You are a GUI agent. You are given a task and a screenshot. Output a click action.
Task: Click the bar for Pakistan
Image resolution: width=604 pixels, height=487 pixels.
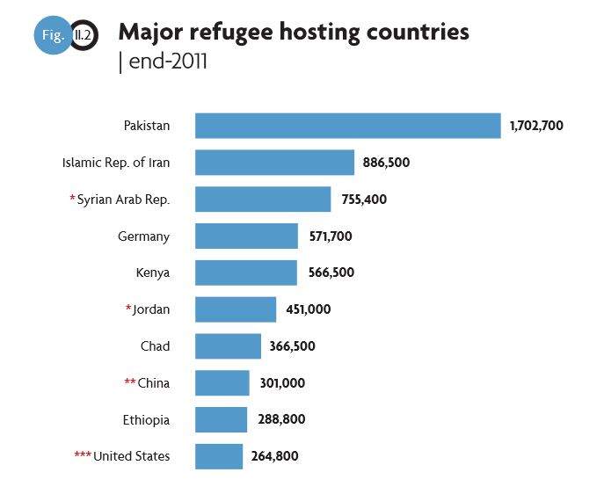pyautogui.click(x=347, y=126)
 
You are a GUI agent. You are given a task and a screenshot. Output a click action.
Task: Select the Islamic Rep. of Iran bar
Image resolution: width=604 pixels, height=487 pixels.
pyautogui.click(x=274, y=163)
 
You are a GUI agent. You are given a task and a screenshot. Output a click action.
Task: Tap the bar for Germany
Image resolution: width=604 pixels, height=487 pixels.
pyautogui.click(x=246, y=236)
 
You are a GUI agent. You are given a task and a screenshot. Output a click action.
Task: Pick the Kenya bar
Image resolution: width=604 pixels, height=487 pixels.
pyautogui.click(x=245, y=273)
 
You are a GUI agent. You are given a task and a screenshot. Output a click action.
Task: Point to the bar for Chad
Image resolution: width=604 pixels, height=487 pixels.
pyautogui.click(x=228, y=345)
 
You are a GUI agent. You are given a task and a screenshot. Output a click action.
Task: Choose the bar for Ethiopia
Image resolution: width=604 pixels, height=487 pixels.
pyautogui.click(x=221, y=419)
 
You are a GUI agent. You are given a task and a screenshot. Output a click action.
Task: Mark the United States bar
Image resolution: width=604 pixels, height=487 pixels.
pyautogui.click(x=219, y=456)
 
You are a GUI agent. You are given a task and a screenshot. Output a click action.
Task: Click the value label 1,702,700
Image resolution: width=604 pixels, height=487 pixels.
pyautogui.click(x=536, y=126)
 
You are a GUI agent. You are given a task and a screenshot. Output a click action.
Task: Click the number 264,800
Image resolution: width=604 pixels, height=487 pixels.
pyautogui.click(x=273, y=456)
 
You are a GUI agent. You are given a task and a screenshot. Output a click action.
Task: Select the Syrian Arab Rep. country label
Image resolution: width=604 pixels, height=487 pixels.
pyautogui.click(x=123, y=200)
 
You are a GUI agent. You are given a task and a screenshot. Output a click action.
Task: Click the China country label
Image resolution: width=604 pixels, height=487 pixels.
pyautogui.click(x=154, y=383)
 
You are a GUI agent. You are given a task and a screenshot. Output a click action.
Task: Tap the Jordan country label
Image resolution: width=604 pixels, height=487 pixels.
pyautogui.click(x=152, y=309)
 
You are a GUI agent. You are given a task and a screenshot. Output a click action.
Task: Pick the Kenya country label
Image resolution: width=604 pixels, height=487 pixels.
pyautogui.click(x=153, y=273)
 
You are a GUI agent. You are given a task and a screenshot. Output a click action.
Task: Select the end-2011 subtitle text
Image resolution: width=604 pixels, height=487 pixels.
pyautogui.click(x=166, y=63)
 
